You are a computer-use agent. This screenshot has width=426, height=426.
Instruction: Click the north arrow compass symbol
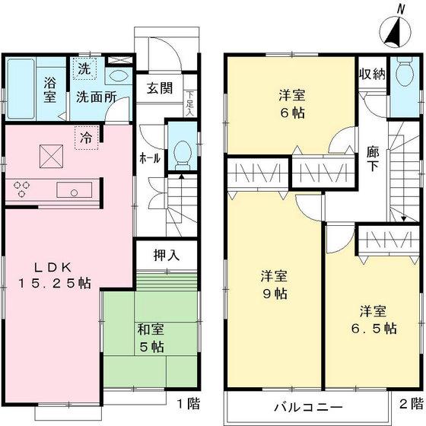click(x=394, y=30)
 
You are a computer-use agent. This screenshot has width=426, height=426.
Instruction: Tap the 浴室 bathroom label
click(x=51, y=91)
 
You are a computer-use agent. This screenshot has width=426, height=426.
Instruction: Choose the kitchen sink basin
click(x=75, y=190)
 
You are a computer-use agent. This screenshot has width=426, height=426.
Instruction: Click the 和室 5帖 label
click(x=149, y=338)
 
